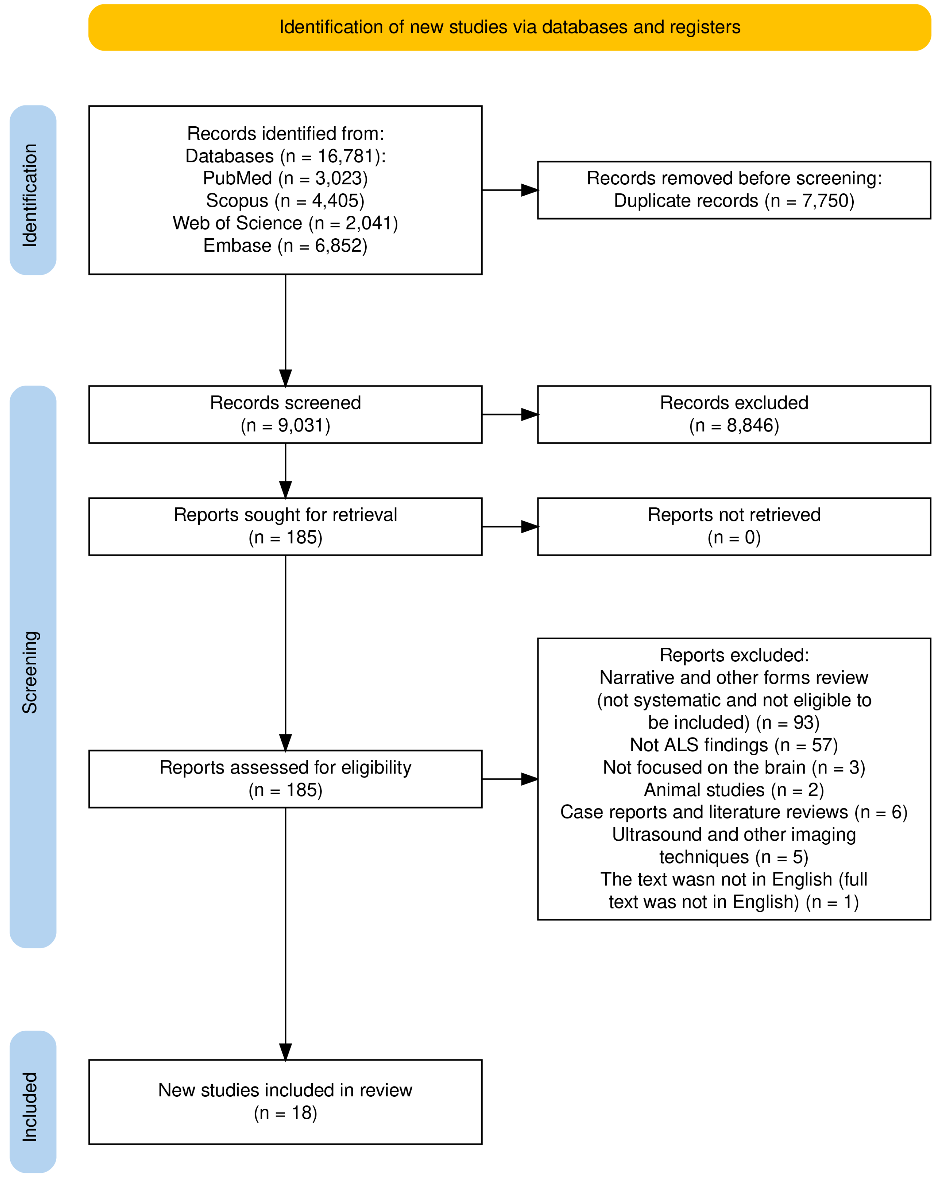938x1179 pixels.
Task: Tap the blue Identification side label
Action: coord(33,190)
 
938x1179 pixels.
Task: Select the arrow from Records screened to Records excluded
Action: coord(510,415)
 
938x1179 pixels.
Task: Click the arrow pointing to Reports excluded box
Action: coord(510,779)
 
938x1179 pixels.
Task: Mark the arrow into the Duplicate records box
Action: coord(510,190)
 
